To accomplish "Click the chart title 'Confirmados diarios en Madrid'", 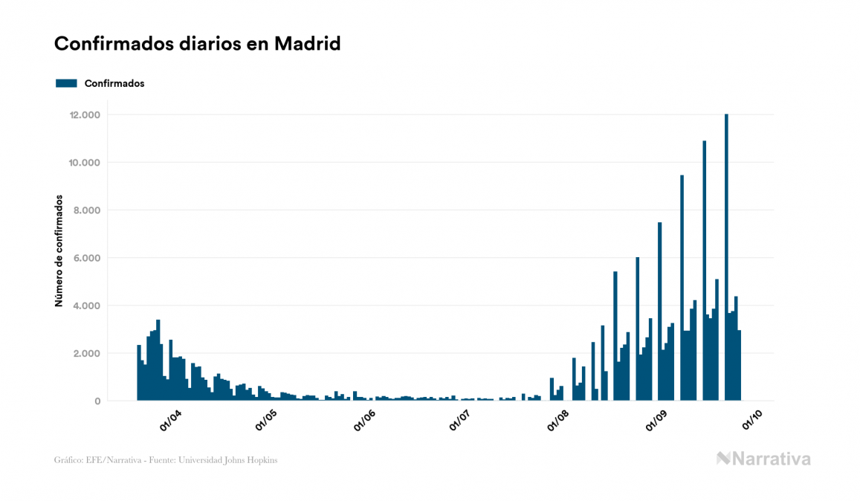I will (x=197, y=44).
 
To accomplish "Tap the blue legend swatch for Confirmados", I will (x=66, y=83).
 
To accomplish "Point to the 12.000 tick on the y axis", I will (x=84, y=115).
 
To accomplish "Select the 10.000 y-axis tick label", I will (x=84, y=163).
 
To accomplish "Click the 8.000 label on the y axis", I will (x=87, y=210).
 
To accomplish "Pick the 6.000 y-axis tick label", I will (x=87, y=258).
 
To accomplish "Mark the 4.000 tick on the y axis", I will (x=87, y=306).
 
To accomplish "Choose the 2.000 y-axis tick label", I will (x=87, y=353).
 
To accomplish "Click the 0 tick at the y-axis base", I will (x=97, y=401).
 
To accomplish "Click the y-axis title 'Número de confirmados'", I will (x=58, y=251).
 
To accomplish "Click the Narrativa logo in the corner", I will (x=763, y=459).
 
